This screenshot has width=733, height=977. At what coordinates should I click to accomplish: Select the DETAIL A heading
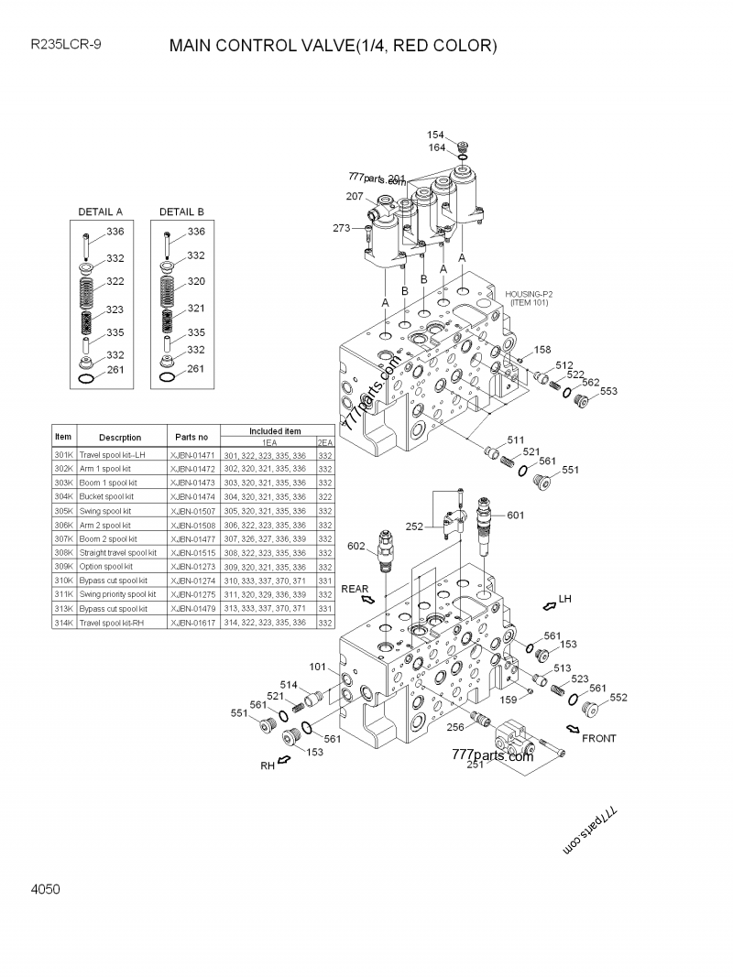(x=101, y=212)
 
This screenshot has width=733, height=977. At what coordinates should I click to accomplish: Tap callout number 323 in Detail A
(x=115, y=310)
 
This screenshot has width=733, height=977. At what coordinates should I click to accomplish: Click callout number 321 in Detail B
(x=196, y=309)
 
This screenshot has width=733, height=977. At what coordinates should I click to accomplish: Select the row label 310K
(x=63, y=581)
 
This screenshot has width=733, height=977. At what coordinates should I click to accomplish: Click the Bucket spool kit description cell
(x=105, y=496)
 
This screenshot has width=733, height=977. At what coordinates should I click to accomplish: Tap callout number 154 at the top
(x=435, y=135)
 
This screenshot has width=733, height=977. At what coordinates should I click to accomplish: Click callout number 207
(x=354, y=197)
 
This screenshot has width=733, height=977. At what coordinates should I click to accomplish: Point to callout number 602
(x=356, y=546)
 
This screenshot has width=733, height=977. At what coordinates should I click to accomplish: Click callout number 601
(x=515, y=516)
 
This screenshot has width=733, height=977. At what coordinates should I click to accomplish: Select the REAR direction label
(x=355, y=590)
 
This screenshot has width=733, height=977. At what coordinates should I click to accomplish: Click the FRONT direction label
(x=599, y=738)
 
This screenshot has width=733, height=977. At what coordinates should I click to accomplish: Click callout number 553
(x=608, y=392)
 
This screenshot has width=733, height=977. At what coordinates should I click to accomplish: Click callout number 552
(x=618, y=698)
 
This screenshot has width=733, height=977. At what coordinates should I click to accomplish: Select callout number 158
(x=542, y=350)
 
